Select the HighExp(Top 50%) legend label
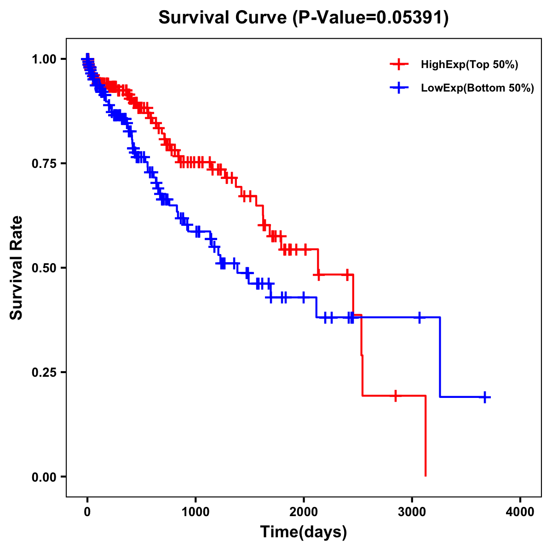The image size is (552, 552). (x=470, y=65)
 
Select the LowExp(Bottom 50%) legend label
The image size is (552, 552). (x=477, y=88)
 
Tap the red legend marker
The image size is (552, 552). (x=399, y=64)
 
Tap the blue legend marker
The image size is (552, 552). (x=399, y=88)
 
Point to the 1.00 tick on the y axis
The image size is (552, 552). (x=44, y=59)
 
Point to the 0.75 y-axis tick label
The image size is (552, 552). (x=44, y=164)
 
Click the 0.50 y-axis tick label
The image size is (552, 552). (x=44, y=268)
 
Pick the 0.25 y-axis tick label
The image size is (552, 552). (x=44, y=373)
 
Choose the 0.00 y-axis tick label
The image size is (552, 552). (x=44, y=477)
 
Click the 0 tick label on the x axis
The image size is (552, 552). (x=87, y=512)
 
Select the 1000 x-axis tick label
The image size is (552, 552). (x=195, y=512)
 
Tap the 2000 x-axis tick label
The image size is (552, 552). (x=304, y=512)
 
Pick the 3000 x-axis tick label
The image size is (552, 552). (x=412, y=512)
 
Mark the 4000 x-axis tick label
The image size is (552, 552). (x=520, y=512)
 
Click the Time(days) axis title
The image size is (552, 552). (x=304, y=532)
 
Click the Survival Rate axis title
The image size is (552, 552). (x=17, y=268)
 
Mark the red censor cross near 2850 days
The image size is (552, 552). (x=395, y=396)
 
